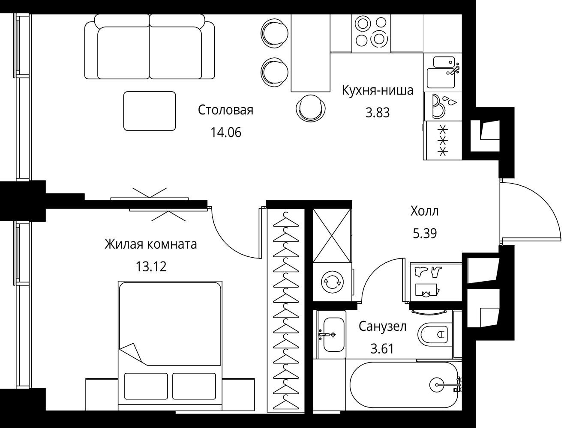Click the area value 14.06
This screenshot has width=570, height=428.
(226, 133)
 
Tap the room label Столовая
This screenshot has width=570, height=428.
(225, 110)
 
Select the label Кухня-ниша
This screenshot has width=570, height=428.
(378, 90)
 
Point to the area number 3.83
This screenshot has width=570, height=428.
(378, 113)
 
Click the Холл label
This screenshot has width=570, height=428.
(425, 211)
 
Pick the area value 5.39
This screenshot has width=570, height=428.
(425, 233)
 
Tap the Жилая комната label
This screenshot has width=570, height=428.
(151, 244)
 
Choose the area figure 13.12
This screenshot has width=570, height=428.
(151, 267)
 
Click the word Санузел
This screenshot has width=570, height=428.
(383, 327)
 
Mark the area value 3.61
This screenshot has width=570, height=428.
(382, 349)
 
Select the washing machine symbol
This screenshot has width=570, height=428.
(333, 282)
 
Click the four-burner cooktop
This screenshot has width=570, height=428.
(371, 33)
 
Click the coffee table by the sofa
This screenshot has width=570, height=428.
(150, 111)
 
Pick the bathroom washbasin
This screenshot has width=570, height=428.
(334, 335)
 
